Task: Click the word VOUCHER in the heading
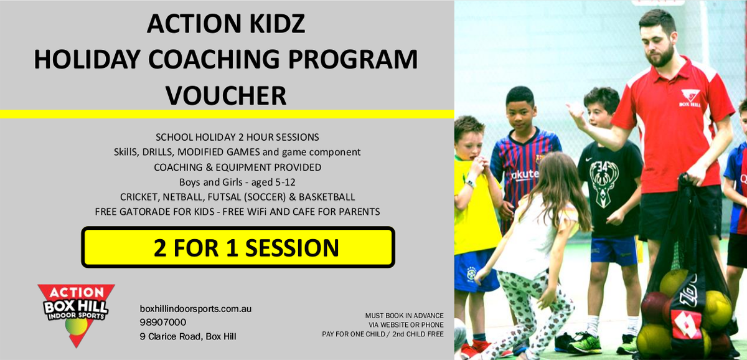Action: [x=226, y=95]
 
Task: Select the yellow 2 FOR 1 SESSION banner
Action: [x=238, y=247]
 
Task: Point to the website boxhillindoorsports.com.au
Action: [x=195, y=309]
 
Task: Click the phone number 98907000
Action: [x=162, y=322]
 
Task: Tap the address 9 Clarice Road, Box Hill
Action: [x=188, y=336]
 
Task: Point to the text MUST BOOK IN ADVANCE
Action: [x=404, y=316]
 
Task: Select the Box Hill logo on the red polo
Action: [x=690, y=98]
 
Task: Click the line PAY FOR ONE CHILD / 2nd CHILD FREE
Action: [x=382, y=334]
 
